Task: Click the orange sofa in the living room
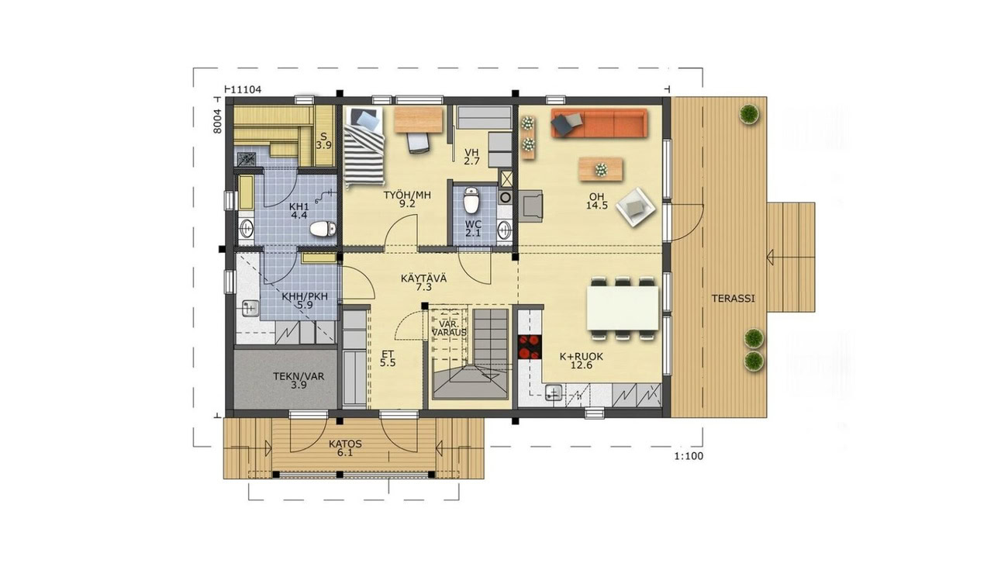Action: [x=599, y=123]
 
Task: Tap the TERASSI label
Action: [x=733, y=299]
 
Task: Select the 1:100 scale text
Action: [x=689, y=456]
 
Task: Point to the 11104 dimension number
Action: [x=246, y=89]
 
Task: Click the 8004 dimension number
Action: [x=217, y=121]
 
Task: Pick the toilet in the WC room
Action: [x=471, y=200]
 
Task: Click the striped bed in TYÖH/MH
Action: [x=364, y=147]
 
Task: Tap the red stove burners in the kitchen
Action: [x=529, y=347]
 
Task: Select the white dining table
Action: [x=623, y=308]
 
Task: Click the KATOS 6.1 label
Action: [x=345, y=448]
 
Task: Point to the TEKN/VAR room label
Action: [x=299, y=376]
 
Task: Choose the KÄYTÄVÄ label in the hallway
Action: [x=424, y=278]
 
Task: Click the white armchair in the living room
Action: [x=635, y=207]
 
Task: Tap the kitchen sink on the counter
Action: [x=554, y=392]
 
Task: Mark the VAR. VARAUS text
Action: [x=449, y=329]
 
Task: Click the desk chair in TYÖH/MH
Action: [x=419, y=143]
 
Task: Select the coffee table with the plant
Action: [x=601, y=169]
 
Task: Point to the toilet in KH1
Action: [x=323, y=229]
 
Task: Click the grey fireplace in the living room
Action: [x=531, y=206]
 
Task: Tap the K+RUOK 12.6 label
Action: [x=582, y=361]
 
